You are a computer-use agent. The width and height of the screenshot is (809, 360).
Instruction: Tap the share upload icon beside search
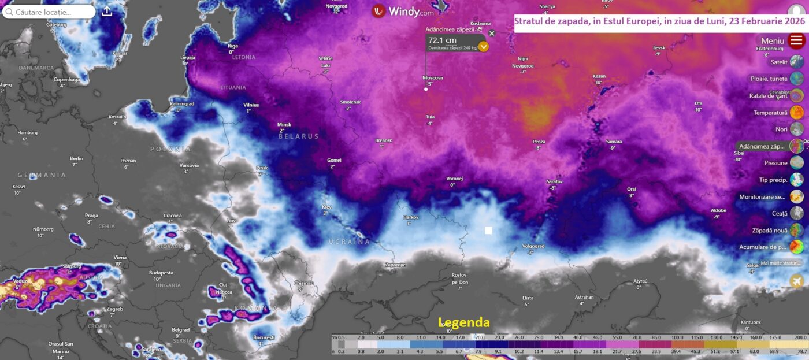tap(107, 12)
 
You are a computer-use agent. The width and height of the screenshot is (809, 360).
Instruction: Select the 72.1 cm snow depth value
tap(442, 40)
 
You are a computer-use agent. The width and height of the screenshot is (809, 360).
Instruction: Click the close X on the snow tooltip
tap(492, 33)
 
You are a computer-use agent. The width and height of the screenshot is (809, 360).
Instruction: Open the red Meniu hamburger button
tap(797, 40)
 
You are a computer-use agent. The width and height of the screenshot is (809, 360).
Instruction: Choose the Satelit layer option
tap(797, 62)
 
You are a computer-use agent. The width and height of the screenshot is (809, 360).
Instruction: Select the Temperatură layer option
tap(797, 113)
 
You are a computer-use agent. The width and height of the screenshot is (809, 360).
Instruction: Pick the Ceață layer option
tap(797, 213)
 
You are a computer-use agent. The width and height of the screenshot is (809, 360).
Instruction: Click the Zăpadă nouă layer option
tap(797, 230)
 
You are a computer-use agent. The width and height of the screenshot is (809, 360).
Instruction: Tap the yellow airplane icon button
tap(797, 281)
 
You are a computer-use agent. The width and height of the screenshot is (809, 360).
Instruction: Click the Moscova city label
tap(433, 77)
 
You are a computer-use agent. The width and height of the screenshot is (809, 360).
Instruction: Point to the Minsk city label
tap(284, 124)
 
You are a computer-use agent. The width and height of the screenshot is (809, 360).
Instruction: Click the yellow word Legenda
tap(463, 322)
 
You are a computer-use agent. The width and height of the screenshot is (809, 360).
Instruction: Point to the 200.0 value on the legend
tap(800, 337)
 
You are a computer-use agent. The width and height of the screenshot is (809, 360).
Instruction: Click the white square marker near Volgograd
tap(488, 231)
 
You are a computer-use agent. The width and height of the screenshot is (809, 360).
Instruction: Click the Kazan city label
tap(599, 76)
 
